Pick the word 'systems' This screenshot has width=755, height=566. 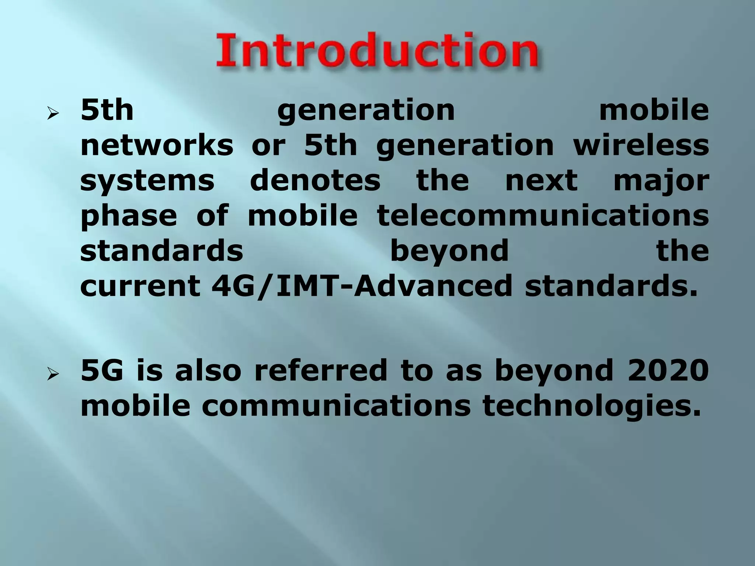point(147,181)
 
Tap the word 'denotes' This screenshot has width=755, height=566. point(315,181)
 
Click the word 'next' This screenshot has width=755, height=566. point(541,181)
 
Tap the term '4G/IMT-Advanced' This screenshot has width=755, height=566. point(362,286)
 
